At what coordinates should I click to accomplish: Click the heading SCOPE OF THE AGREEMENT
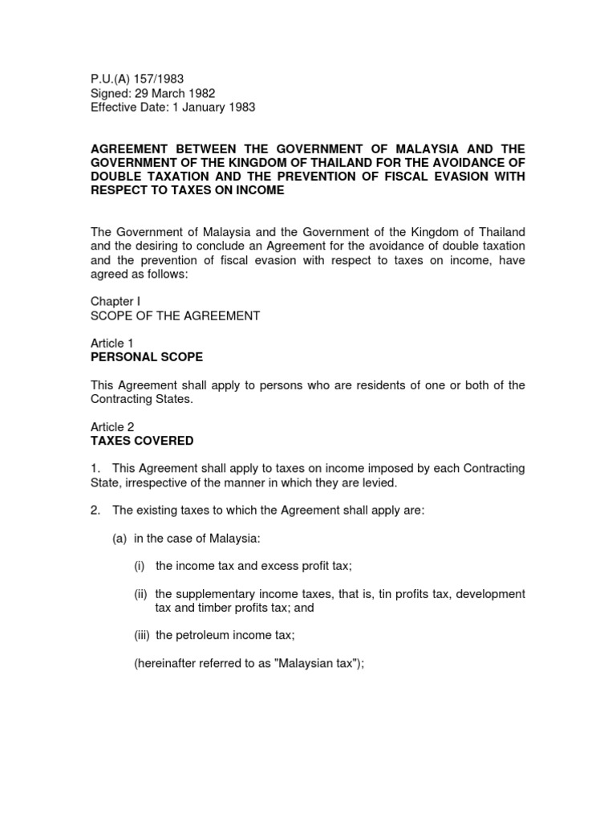[x=175, y=315]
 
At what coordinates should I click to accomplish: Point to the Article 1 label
[x=112, y=343]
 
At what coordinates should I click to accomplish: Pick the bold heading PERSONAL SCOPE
[x=146, y=356]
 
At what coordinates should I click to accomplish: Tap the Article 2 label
[x=112, y=427]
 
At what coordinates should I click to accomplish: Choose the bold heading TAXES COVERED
[x=141, y=441]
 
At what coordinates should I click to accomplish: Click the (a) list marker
[x=120, y=538]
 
